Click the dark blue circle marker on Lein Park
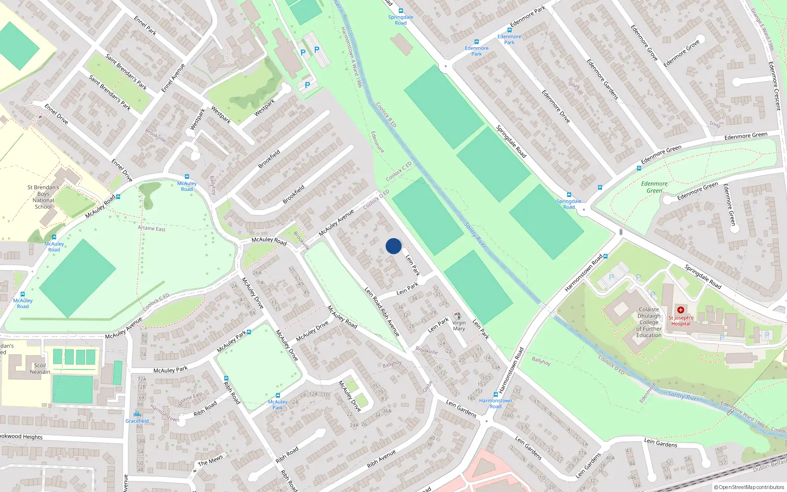click(x=393, y=246)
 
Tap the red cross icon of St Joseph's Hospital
click(x=681, y=310)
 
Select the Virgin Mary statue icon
click(x=458, y=316)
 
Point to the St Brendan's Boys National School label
click(x=43, y=197)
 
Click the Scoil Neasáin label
click(x=40, y=369)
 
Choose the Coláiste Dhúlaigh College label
click(x=649, y=322)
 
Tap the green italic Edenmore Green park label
click(x=654, y=187)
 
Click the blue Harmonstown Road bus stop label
click(x=495, y=403)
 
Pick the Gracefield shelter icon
click(x=137, y=414)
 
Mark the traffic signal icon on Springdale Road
click(x=621, y=232)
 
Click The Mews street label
click(x=210, y=461)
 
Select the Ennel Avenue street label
click(x=173, y=78)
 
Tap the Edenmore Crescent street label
click(x=774, y=86)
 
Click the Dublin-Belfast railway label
click(x=769, y=465)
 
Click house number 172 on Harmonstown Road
click(x=516, y=392)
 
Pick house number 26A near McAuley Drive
click(x=257, y=273)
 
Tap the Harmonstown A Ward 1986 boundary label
click(x=351, y=57)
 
